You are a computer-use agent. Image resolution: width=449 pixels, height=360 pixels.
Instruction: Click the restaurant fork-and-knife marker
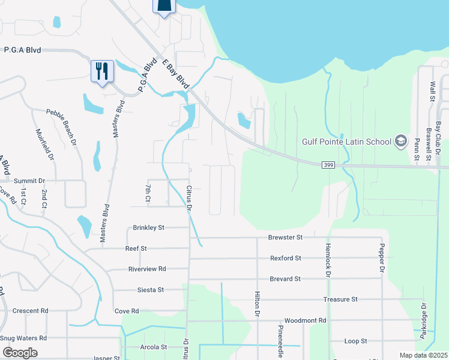pos(102,71)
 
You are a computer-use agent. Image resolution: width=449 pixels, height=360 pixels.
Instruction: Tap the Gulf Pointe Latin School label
pos(346,142)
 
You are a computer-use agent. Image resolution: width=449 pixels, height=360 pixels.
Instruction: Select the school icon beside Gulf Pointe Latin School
pos(400,142)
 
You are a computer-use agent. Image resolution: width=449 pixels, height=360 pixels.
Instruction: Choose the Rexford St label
pos(285,258)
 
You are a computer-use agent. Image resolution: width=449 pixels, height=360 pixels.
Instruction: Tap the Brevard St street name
pos(285,279)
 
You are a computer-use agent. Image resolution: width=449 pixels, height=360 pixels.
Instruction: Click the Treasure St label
pos(340,299)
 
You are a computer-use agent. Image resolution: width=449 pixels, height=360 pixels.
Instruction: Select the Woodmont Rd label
pos(305,320)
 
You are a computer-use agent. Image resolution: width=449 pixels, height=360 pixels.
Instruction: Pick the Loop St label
pos(356,341)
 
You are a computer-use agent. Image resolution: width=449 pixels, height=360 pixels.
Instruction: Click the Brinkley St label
pos(149,227)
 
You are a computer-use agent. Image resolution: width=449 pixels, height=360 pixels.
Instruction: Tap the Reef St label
pos(136,248)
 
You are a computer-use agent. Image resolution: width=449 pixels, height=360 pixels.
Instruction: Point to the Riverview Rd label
pos(147,269)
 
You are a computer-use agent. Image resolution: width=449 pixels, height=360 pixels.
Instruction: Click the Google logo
pos(20,353)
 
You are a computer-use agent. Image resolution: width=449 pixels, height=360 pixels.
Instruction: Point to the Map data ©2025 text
pos(423,355)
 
